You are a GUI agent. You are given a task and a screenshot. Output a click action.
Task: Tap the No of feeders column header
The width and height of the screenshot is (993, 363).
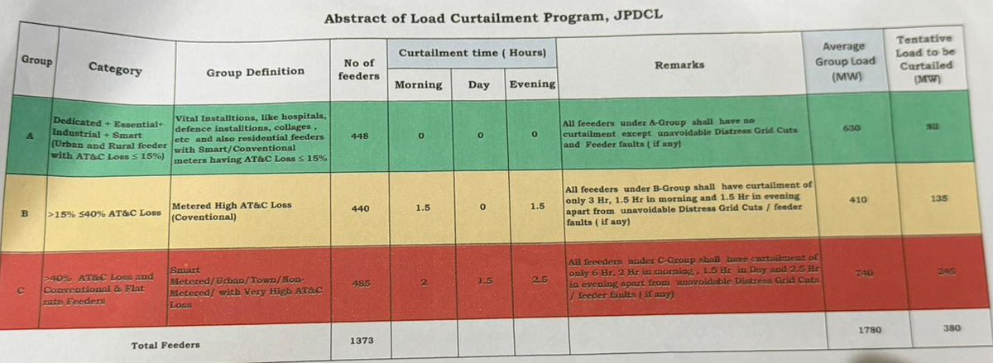point(358,69)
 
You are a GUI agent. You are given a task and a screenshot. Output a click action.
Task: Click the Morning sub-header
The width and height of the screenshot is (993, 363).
point(418,84)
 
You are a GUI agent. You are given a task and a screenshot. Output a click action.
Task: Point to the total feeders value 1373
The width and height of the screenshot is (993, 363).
point(357,339)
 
